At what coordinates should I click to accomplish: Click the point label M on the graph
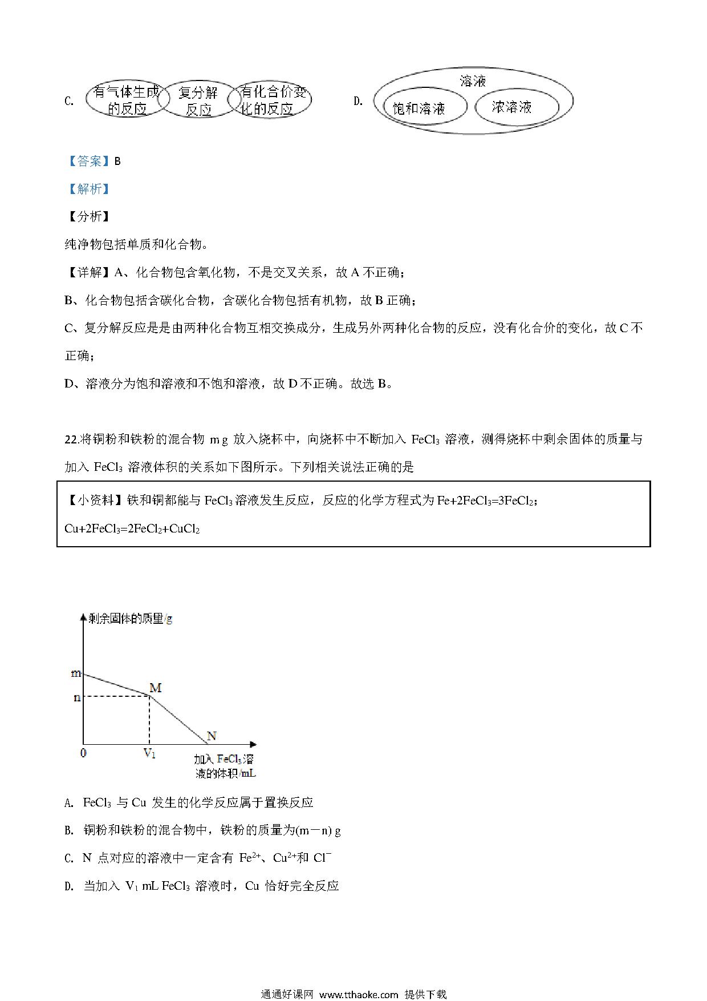pyautogui.click(x=155, y=688)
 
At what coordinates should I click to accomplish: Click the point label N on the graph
pyautogui.click(x=212, y=736)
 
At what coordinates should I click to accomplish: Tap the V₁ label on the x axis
pyautogui.click(x=149, y=754)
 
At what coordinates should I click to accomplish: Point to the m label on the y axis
pyautogui.click(x=76, y=673)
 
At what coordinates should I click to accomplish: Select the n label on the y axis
pyautogui.click(x=77, y=697)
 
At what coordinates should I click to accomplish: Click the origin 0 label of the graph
pyautogui.click(x=84, y=753)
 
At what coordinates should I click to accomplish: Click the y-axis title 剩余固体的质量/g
pyautogui.click(x=130, y=619)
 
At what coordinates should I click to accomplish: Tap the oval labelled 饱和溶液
pyautogui.click(x=420, y=108)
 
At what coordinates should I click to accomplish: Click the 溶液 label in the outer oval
pyautogui.click(x=473, y=81)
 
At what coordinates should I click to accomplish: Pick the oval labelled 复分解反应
pyautogui.click(x=198, y=100)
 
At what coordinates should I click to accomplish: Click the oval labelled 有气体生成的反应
pyautogui.click(x=127, y=100)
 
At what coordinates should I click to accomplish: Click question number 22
pyautogui.click(x=71, y=439)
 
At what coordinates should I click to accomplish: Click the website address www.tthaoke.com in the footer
pyautogui.click(x=358, y=994)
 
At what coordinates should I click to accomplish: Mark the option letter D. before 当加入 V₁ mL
pyautogui.click(x=70, y=886)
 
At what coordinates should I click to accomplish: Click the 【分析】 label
pyautogui.click(x=88, y=217)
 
